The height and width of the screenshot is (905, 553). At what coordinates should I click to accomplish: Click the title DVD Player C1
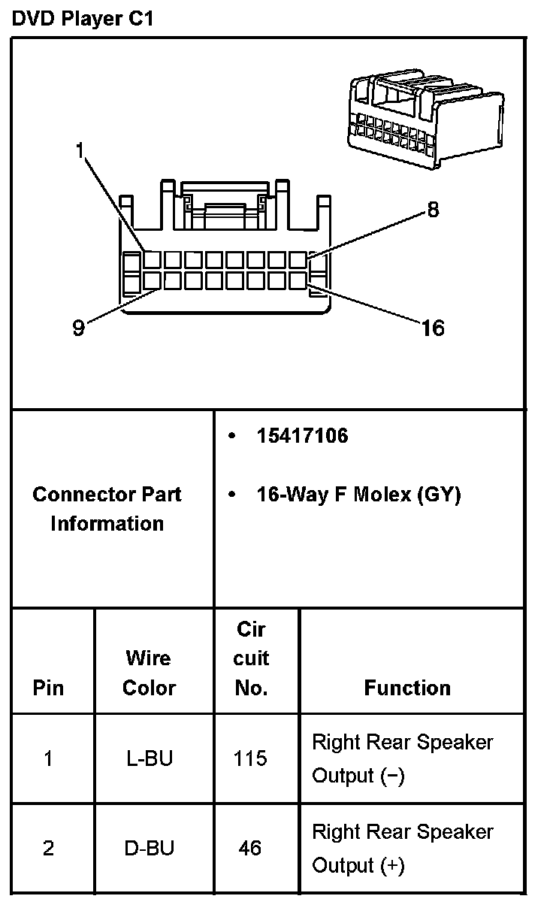click(x=83, y=20)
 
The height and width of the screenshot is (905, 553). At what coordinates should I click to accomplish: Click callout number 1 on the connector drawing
click(x=80, y=150)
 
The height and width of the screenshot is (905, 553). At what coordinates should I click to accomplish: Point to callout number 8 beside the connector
click(x=433, y=210)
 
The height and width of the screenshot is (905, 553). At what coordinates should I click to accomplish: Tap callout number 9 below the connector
click(x=78, y=329)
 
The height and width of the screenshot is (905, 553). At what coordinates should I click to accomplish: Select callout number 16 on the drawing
click(x=434, y=328)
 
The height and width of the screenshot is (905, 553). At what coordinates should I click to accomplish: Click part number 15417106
click(x=302, y=436)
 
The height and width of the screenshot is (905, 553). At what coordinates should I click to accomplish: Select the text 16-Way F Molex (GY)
click(x=358, y=495)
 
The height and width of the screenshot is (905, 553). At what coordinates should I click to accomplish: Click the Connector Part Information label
click(x=107, y=509)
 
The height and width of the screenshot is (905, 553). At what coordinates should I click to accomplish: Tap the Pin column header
click(x=49, y=688)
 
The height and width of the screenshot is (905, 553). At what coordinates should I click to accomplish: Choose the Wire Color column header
click(x=149, y=673)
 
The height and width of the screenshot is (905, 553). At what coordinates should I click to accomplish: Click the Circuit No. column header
click(x=251, y=658)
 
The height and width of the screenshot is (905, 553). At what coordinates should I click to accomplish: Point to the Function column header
click(x=407, y=688)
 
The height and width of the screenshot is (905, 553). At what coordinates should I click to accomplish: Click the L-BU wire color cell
click(x=149, y=758)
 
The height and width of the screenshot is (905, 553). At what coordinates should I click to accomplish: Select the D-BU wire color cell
click(x=149, y=849)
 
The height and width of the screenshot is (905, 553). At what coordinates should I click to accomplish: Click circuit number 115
click(x=250, y=758)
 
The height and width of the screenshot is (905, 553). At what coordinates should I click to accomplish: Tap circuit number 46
click(x=250, y=849)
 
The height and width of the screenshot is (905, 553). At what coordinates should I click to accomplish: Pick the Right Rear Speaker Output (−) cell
click(x=402, y=758)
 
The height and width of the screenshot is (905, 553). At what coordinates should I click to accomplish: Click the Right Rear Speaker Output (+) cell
click(x=402, y=849)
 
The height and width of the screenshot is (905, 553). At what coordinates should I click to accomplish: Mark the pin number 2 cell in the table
click(x=49, y=849)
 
